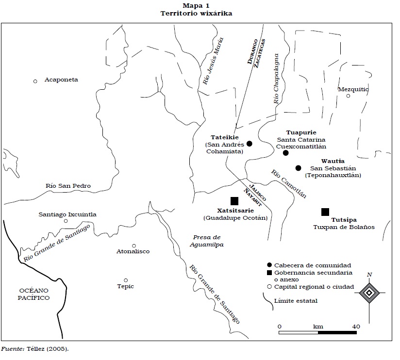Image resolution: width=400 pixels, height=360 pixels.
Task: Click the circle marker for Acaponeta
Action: click(x=35, y=81)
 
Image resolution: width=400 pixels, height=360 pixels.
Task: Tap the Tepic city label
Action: click(x=125, y=286)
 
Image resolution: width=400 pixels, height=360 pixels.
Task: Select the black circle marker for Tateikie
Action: click(x=249, y=143)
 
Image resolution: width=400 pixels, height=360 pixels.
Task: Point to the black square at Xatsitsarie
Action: click(x=234, y=201)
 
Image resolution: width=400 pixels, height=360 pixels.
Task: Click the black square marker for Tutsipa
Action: click(x=325, y=212)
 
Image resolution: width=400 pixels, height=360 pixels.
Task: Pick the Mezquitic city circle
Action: click(x=348, y=96)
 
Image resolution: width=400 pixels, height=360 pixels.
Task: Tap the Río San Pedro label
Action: click(x=68, y=186)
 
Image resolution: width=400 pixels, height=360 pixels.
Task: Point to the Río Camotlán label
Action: click(x=289, y=184)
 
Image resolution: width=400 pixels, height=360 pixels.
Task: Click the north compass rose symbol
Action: click(x=369, y=293)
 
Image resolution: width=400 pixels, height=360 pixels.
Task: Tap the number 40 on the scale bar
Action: click(x=356, y=327)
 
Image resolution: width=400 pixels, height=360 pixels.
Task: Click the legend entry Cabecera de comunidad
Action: click(x=312, y=265)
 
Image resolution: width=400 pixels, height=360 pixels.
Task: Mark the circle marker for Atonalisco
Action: click(x=134, y=245)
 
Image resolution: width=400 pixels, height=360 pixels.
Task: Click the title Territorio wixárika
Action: click(x=196, y=14)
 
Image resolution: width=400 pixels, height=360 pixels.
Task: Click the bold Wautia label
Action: click(x=333, y=161)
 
